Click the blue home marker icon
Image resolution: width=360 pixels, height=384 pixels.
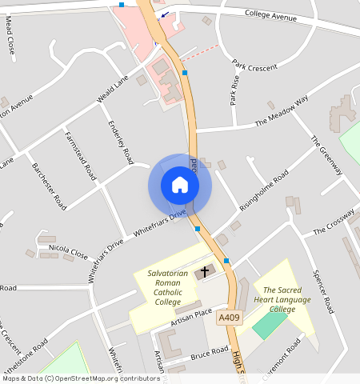click(x=180, y=186)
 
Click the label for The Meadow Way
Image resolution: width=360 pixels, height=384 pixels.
click(x=282, y=111)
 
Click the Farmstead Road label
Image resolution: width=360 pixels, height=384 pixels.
click(x=81, y=154)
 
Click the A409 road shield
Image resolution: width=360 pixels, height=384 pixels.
click(x=230, y=318)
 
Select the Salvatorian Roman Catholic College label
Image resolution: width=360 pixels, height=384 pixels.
click(x=168, y=288)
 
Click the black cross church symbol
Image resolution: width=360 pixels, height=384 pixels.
click(x=204, y=272)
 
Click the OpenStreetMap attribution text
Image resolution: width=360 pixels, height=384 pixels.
click(x=80, y=378)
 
